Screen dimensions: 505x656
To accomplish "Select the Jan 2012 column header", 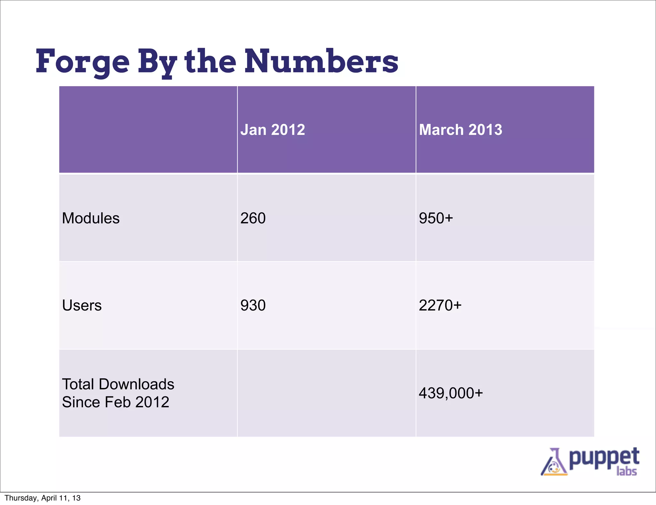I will (x=273, y=130).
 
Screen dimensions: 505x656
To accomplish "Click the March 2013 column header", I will (x=460, y=130).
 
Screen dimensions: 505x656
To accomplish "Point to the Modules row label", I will (x=91, y=218).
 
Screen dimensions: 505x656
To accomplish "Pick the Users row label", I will (x=82, y=305).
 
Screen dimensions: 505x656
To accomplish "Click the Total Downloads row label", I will (x=118, y=384).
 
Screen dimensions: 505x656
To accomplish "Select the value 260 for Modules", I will (x=253, y=218).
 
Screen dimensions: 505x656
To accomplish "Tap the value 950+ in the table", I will (x=436, y=218).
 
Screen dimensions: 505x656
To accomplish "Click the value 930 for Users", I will (x=253, y=305).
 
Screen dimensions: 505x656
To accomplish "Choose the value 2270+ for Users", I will (x=440, y=305).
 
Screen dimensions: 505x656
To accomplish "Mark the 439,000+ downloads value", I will (x=451, y=393).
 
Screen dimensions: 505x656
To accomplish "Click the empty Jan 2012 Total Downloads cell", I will (x=326, y=393).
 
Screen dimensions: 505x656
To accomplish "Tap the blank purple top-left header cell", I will (x=148, y=129).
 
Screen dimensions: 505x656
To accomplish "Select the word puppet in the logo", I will (x=604, y=458).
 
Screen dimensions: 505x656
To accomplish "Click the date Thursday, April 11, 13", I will (x=43, y=498).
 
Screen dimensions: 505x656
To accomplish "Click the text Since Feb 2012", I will (x=115, y=402).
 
